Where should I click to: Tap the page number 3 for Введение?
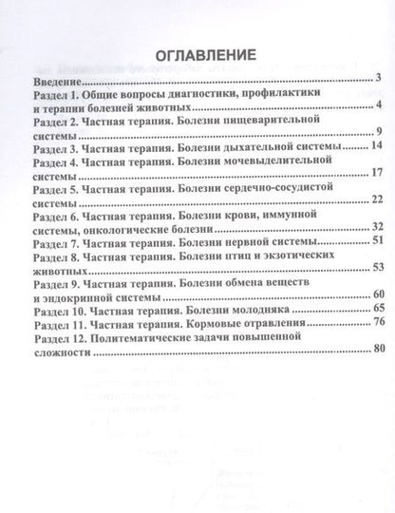tap(377, 79)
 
